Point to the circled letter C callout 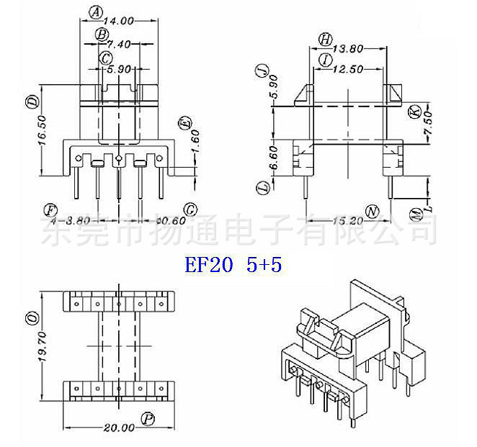coord(106,58)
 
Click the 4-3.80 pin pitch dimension coord(73,220)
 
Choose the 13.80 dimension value coord(349,49)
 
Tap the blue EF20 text coord(209,265)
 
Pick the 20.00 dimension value coord(119,428)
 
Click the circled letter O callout coord(32,317)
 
